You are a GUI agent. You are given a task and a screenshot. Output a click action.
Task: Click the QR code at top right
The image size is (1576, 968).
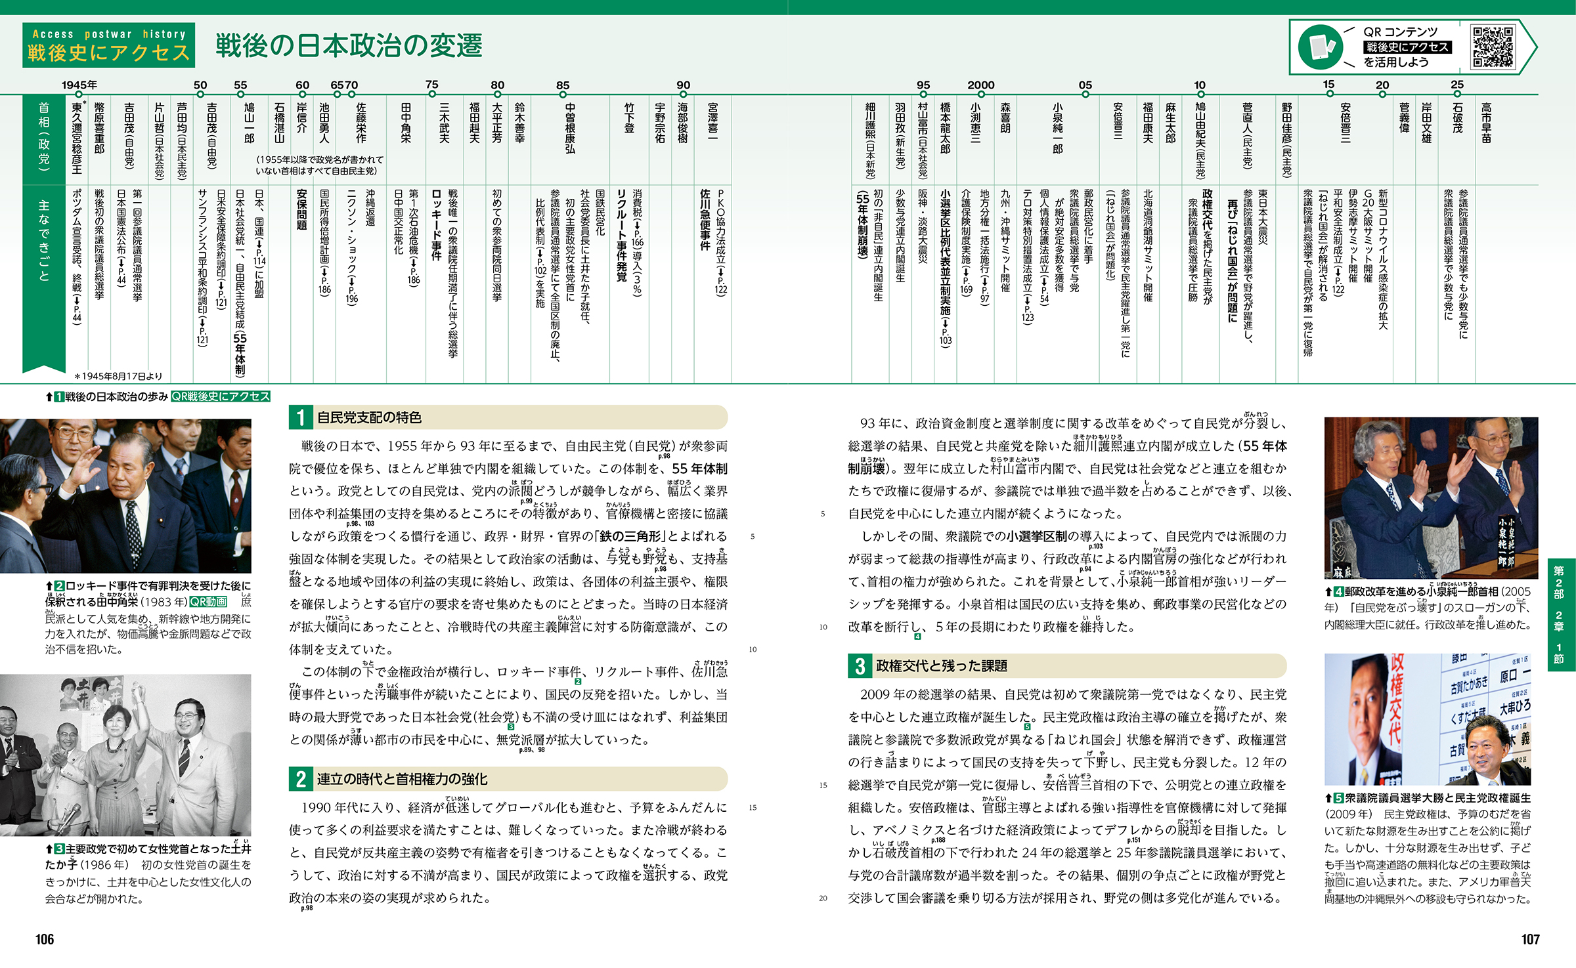tap(1492, 47)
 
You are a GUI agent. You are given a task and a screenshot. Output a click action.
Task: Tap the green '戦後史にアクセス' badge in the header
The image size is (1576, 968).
tap(108, 45)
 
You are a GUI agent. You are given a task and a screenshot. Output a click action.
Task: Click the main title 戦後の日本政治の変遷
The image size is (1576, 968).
tap(349, 45)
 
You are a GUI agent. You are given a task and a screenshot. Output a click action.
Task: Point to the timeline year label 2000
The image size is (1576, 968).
tap(980, 85)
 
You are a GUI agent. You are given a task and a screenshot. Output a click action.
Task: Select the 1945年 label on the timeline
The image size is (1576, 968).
tap(79, 85)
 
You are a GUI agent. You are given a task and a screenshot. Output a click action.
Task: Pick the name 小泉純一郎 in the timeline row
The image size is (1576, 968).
tap(1057, 128)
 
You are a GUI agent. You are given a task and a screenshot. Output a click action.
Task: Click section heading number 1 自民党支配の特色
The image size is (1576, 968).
tap(301, 417)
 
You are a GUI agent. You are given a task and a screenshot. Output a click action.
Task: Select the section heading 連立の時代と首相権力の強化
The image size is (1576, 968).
tap(401, 779)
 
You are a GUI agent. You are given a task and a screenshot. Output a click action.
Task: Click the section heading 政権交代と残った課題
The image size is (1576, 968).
tap(941, 666)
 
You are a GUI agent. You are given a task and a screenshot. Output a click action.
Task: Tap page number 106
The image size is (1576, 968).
tap(45, 939)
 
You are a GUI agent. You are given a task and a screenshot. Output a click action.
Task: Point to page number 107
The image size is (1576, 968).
tap(1530, 939)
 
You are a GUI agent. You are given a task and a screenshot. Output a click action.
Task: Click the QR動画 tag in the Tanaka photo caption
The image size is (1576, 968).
tap(208, 602)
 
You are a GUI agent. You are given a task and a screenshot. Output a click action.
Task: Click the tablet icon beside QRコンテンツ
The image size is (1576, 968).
tap(1320, 47)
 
